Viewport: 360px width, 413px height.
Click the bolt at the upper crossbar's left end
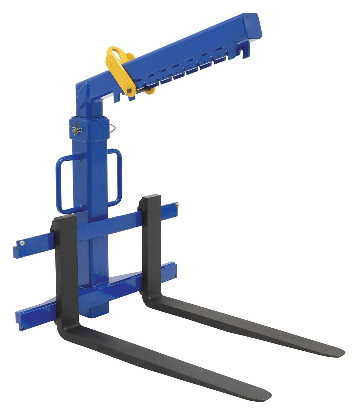(22, 244)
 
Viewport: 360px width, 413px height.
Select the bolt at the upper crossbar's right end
(177, 206)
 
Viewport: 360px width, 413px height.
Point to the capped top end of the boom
(253, 24)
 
